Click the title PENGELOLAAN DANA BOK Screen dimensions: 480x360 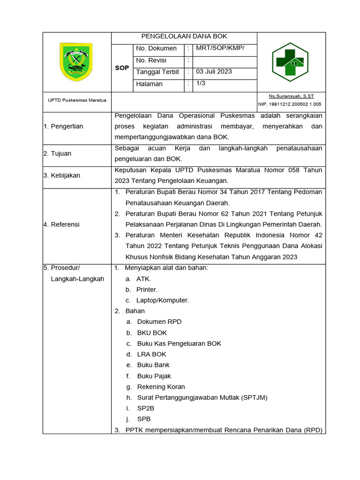(184, 37)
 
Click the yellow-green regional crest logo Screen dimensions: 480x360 (76, 61)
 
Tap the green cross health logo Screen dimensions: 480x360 (290, 62)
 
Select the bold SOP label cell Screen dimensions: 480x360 (122, 68)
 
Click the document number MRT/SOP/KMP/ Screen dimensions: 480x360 (220, 48)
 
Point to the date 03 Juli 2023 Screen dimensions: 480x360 (214, 72)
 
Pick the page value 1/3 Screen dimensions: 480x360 (201, 83)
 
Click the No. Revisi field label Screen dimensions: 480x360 (151, 60)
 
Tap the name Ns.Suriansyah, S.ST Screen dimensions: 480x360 (291, 96)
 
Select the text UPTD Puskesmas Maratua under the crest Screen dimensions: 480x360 (77, 100)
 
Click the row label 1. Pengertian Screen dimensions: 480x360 (63, 126)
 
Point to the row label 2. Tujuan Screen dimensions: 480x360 (57, 153)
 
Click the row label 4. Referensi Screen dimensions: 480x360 (61, 224)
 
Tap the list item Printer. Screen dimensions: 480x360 (147, 290)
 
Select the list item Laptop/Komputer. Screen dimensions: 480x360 (163, 300)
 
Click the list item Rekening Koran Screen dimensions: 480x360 (161, 387)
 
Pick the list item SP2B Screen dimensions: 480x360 (145, 408)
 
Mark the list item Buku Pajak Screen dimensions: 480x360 (154, 376)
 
